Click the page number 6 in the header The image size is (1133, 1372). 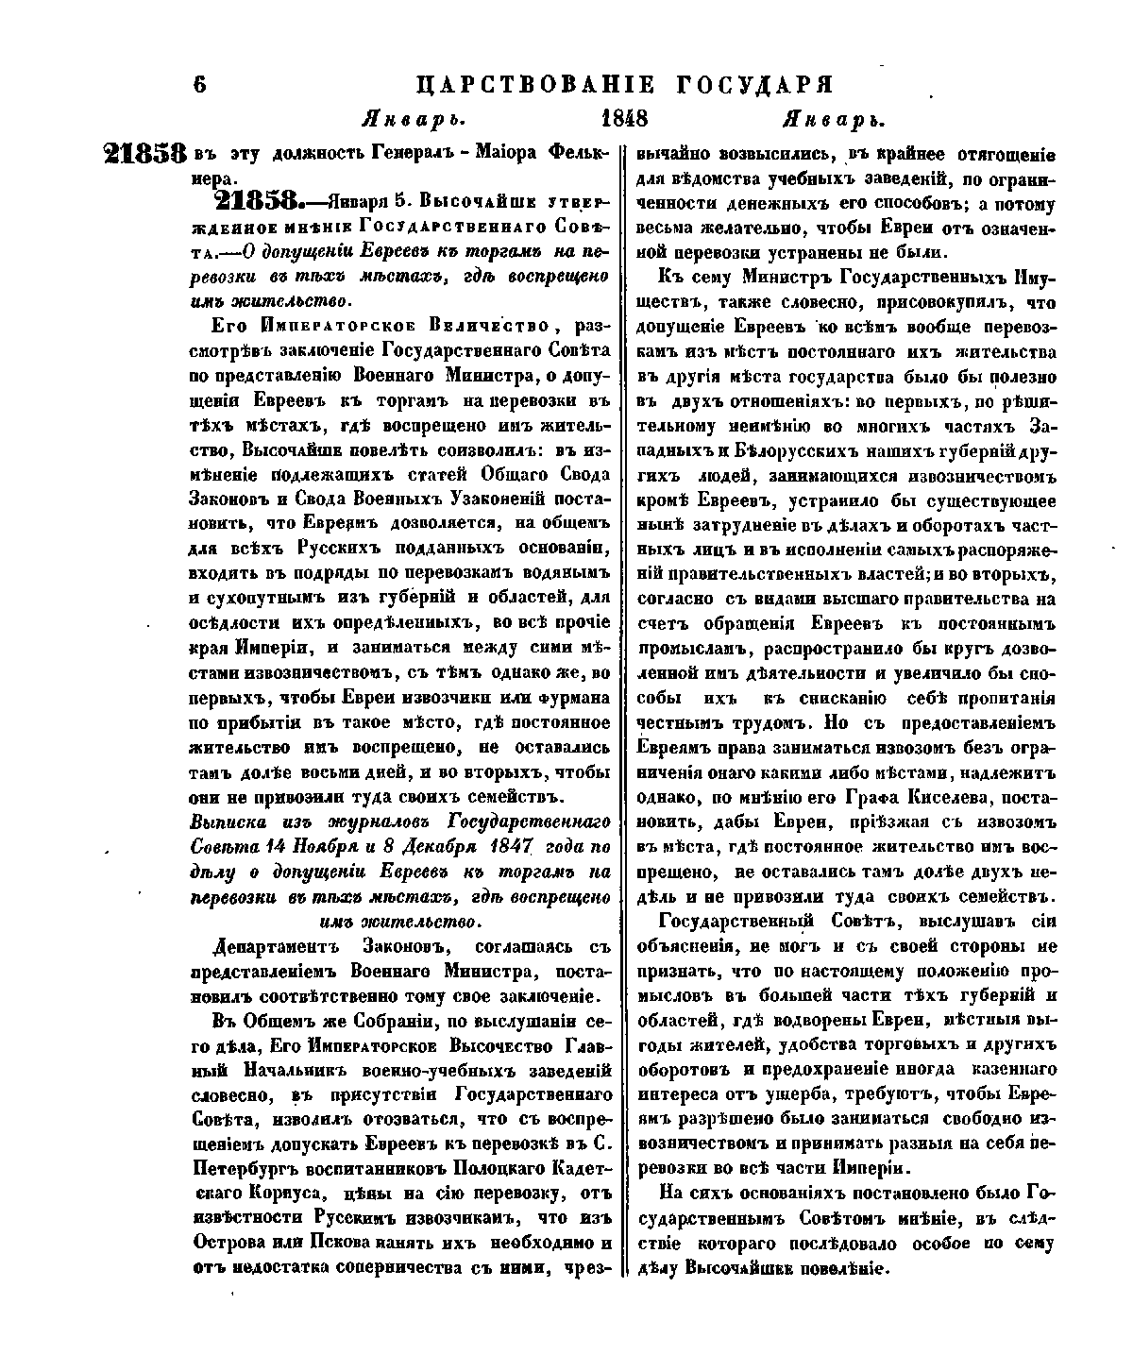199,83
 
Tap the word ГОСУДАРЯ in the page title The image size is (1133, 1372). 755,83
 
